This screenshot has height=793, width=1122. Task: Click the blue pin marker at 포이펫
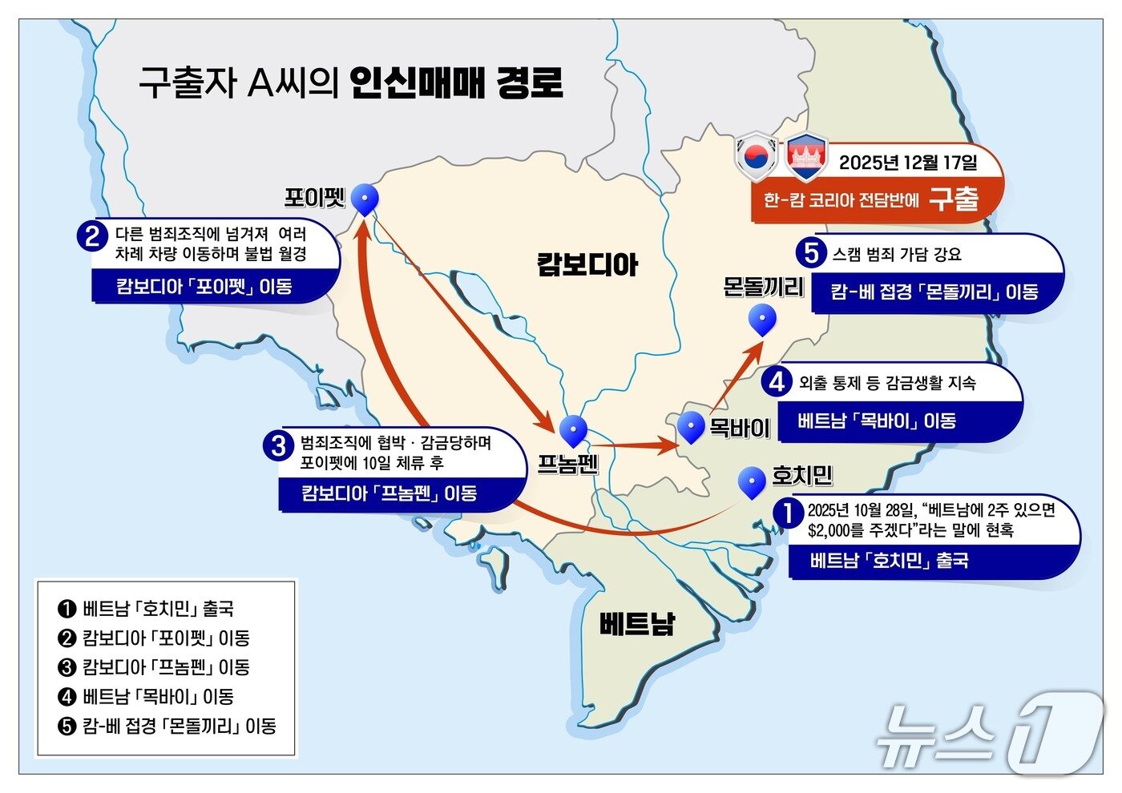pyautogui.click(x=365, y=199)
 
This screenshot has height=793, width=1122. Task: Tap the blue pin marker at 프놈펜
pyautogui.click(x=573, y=430)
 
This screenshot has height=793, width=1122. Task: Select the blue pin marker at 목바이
pyautogui.click(x=690, y=426)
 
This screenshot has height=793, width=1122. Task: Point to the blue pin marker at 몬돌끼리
pyautogui.click(x=761, y=319)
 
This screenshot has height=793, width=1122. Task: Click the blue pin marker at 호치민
pyautogui.click(x=752, y=481)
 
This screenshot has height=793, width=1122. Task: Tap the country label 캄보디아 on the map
pyautogui.click(x=587, y=264)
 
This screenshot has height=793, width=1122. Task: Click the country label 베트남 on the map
pyautogui.click(x=637, y=622)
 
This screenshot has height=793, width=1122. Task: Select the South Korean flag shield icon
pyautogui.click(x=757, y=156)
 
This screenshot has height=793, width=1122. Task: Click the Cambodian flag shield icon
pyautogui.click(x=806, y=157)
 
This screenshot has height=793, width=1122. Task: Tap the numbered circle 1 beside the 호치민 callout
pyautogui.click(x=789, y=513)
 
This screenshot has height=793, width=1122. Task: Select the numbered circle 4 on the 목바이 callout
pyautogui.click(x=777, y=381)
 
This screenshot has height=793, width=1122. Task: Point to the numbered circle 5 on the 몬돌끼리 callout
pyautogui.click(x=812, y=253)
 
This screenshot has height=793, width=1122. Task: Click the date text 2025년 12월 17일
pyautogui.click(x=908, y=163)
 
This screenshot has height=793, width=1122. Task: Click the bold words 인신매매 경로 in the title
pyautogui.click(x=457, y=83)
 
